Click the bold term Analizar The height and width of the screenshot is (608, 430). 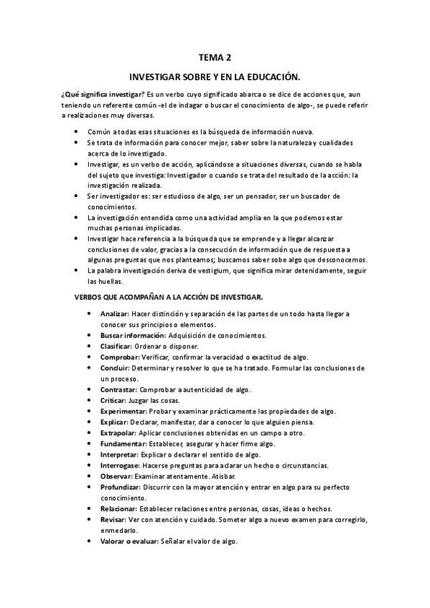(114, 314)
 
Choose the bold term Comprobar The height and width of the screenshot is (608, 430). (119, 356)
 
